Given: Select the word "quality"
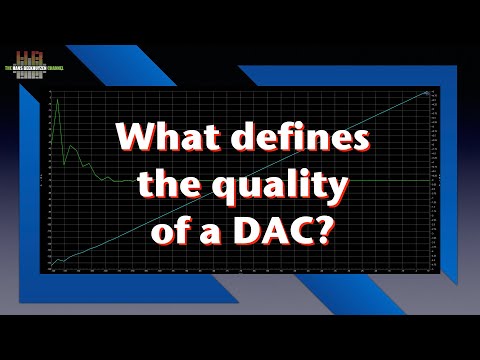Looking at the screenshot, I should point(290,187).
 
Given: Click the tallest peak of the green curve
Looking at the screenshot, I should point(58,100).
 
